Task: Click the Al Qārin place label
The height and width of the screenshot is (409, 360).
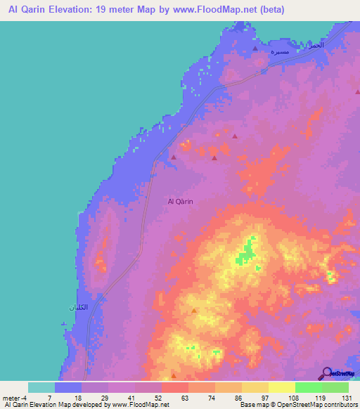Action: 181,202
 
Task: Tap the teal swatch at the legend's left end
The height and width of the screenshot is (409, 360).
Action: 41,387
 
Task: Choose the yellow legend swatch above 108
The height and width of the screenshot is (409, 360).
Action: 282,387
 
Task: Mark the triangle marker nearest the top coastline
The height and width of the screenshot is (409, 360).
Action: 255,49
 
